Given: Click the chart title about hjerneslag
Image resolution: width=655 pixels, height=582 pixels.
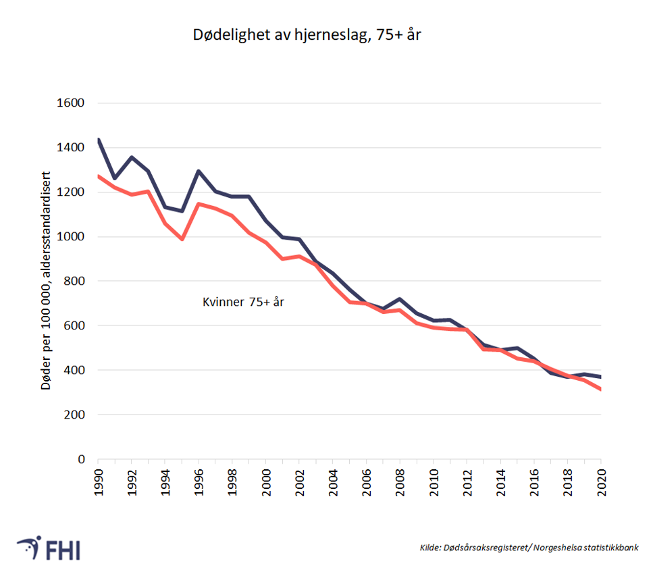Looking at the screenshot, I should [x=307, y=35].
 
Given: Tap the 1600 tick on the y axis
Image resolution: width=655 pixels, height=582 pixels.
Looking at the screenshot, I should [x=70, y=103].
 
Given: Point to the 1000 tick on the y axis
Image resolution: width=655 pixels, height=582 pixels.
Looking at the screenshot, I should [x=70, y=237].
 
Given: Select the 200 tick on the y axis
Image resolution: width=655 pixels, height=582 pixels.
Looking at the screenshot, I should [x=74, y=415].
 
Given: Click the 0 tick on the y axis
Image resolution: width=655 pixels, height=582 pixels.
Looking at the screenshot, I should [x=81, y=459].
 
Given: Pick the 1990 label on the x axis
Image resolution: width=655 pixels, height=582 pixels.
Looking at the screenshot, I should [x=98, y=480].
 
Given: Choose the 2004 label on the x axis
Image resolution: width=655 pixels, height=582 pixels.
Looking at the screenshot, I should [x=333, y=480].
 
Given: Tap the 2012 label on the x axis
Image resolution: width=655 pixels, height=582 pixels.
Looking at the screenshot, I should [x=467, y=480].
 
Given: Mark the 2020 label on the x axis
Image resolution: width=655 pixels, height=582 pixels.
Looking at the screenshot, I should [x=601, y=480].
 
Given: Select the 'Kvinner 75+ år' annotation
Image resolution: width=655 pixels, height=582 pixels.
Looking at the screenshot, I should [x=244, y=302].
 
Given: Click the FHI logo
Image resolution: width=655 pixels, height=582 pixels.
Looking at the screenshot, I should [x=49, y=548].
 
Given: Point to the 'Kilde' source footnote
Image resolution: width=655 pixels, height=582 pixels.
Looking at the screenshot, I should [x=529, y=548].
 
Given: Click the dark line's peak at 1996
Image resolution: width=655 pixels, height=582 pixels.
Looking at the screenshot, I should [x=199, y=171].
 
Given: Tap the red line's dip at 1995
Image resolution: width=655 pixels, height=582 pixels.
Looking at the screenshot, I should [x=182, y=239].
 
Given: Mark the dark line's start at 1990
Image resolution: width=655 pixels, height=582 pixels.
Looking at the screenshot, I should [x=99, y=140].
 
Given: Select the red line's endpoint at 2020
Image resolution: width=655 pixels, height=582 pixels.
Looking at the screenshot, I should [x=600, y=390].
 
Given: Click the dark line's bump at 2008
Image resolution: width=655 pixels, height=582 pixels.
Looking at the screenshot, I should [x=400, y=299].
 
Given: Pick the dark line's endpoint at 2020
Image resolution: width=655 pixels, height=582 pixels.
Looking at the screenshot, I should [x=600, y=377].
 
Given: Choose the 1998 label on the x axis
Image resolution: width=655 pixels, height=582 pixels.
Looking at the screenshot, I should [x=232, y=480].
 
